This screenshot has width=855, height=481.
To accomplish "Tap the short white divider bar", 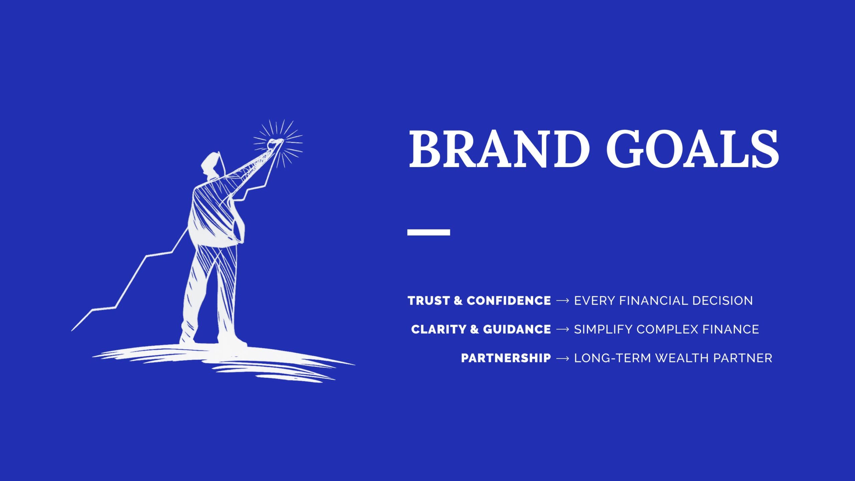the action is [429, 232].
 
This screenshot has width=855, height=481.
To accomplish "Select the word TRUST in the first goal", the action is [429, 301].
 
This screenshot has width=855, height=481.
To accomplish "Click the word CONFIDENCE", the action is [509, 301].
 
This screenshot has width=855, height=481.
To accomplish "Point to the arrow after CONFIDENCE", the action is [562, 301].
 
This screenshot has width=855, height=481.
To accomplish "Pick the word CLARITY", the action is [439, 329].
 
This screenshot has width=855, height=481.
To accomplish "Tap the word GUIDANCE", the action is [517, 329].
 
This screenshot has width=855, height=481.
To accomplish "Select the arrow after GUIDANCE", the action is [562, 330].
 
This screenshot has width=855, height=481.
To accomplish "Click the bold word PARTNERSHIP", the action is [506, 358].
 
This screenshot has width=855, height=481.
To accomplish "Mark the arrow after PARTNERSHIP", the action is [562, 358].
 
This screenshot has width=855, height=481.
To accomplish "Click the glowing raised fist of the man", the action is [275, 144].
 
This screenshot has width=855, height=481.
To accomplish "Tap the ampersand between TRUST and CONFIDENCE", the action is [458, 301].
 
